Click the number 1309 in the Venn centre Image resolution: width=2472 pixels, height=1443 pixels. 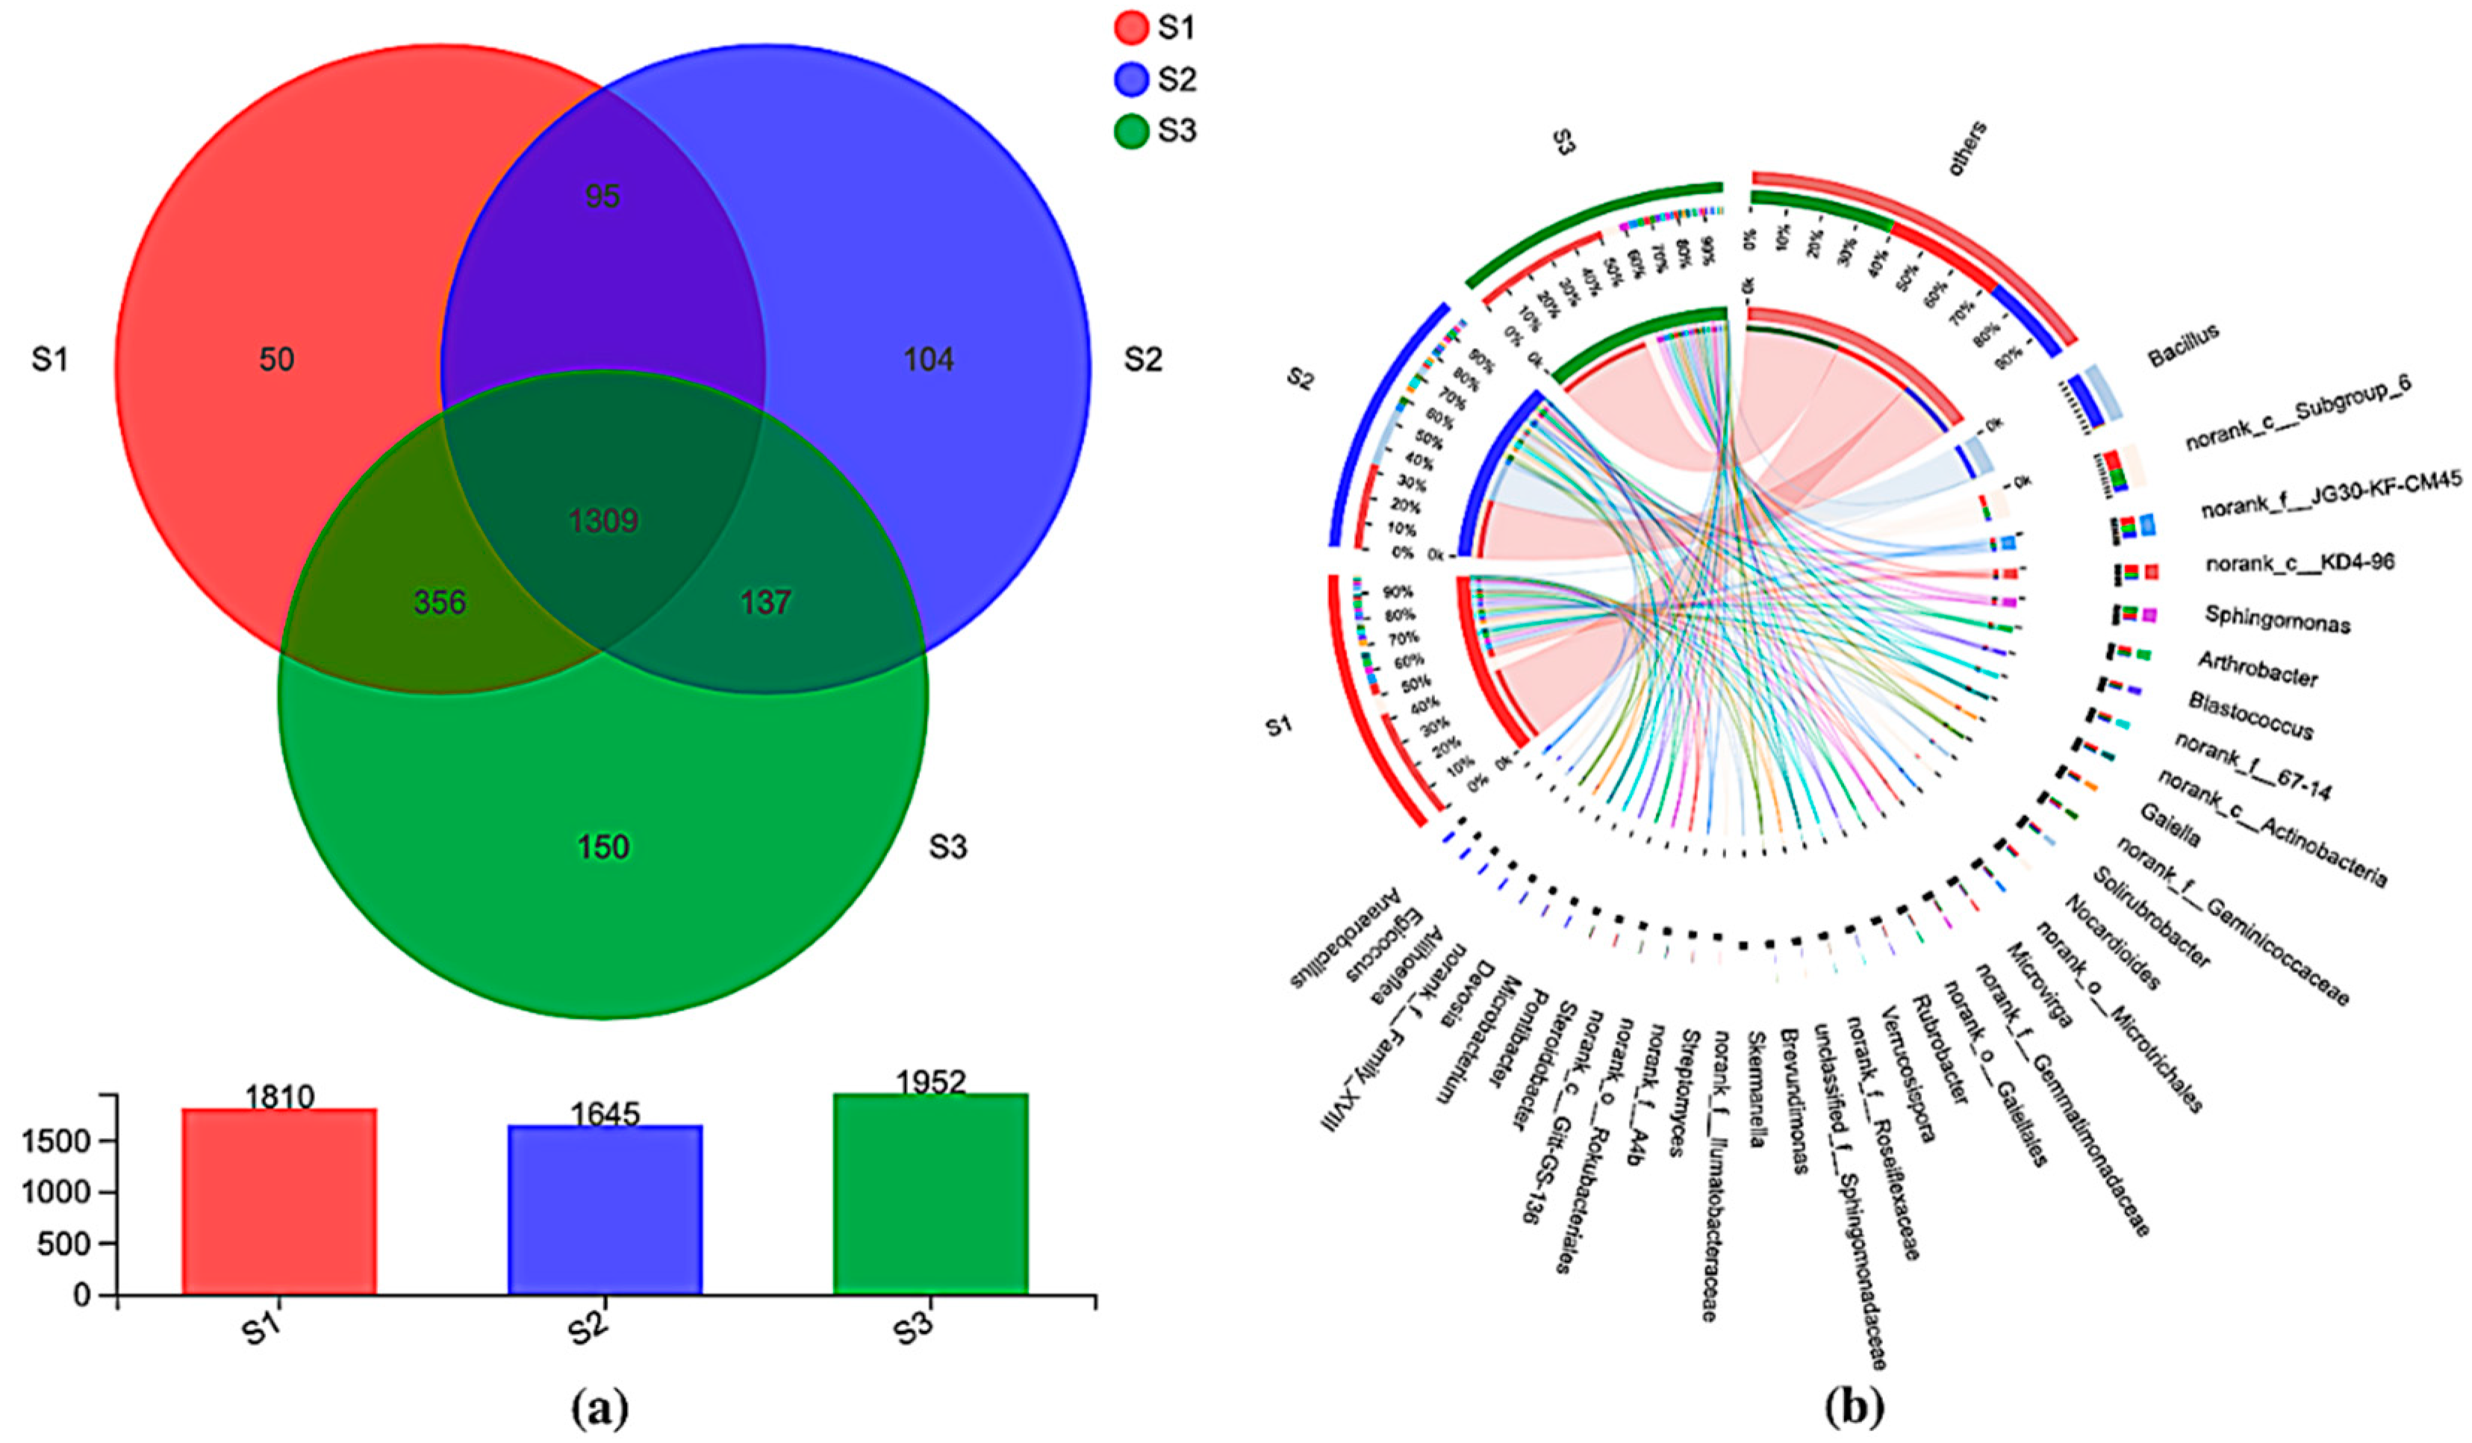click(603, 521)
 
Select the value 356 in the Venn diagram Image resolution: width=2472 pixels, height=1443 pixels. click(440, 602)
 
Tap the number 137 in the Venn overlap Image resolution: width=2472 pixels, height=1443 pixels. click(765, 602)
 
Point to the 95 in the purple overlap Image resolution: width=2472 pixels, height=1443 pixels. click(603, 196)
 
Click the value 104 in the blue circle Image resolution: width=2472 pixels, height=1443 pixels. click(928, 360)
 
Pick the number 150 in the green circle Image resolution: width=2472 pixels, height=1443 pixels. click(603, 847)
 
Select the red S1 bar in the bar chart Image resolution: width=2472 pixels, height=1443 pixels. click(279, 1202)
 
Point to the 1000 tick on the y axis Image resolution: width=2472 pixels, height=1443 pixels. click(66, 1193)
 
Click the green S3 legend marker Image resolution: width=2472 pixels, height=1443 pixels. click(1131, 131)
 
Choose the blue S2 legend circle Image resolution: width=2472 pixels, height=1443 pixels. click(1131, 79)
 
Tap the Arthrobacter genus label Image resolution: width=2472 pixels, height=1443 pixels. click(2257, 670)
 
